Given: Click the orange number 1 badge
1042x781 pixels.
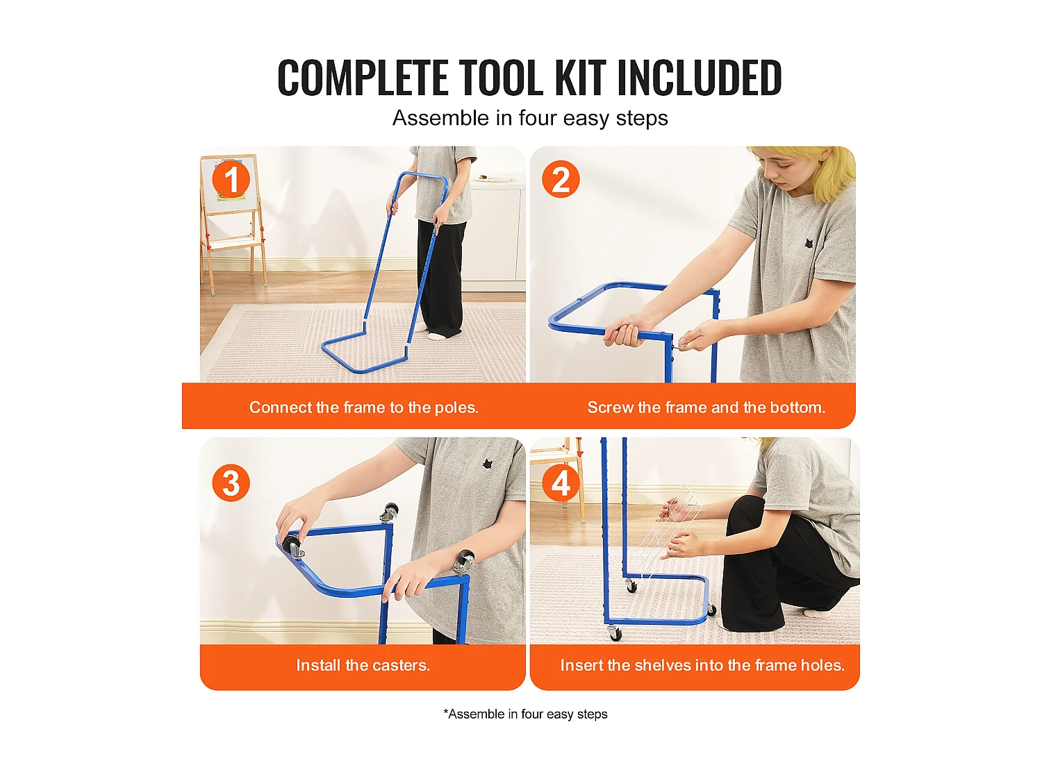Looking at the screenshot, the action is (231, 179).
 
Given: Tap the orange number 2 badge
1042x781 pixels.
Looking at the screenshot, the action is (561, 179).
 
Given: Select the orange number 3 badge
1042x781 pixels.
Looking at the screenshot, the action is (231, 482).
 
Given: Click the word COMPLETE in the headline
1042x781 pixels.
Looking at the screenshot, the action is (363, 77).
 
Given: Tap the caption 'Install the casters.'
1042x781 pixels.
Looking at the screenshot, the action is (363, 665).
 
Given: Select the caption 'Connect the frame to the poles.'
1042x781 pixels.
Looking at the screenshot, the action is (363, 407).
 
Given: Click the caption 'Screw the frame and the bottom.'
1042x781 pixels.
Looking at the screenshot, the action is (706, 407).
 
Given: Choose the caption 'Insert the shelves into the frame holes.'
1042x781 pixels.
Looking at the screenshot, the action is (702, 665).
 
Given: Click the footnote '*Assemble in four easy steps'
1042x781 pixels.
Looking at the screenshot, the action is (525, 714).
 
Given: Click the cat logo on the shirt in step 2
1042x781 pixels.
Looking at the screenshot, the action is (807, 244).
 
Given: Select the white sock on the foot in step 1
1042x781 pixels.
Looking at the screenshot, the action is (437, 335).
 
